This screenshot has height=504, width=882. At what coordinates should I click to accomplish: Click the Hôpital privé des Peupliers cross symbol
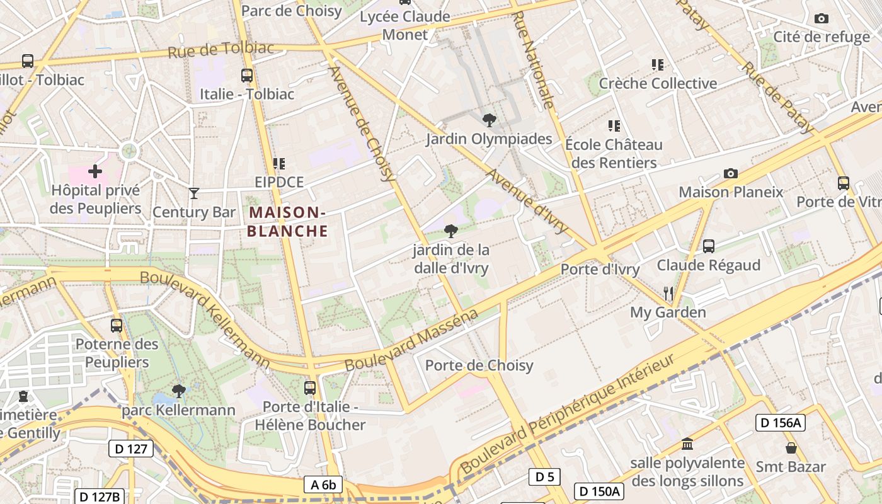(x=95, y=171)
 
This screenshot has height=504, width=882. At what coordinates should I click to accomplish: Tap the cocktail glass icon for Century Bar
(x=194, y=193)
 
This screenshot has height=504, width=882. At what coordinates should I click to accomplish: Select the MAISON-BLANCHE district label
(x=287, y=222)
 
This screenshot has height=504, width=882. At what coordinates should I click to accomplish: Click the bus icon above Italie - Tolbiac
(x=247, y=76)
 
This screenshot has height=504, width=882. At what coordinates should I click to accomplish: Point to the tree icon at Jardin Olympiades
(x=488, y=120)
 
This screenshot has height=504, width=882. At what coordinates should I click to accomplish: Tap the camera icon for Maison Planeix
(x=730, y=173)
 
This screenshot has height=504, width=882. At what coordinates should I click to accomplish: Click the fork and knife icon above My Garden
(x=668, y=293)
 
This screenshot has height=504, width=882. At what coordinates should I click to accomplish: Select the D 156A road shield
(x=781, y=423)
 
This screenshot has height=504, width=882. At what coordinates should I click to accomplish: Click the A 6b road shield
(x=323, y=484)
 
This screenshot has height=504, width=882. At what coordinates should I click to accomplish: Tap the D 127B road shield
(x=100, y=496)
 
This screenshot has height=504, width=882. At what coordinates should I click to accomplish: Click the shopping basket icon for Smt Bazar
(x=791, y=448)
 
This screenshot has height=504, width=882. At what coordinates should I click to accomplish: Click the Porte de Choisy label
(x=479, y=365)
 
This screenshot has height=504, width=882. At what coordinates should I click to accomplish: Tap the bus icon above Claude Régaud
(x=709, y=246)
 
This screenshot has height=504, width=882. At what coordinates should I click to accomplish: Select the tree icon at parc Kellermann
(x=179, y=391)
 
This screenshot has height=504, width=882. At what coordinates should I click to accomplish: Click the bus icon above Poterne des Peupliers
(x=117, y=326)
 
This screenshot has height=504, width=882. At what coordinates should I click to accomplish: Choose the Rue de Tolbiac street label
(x=220, y=49)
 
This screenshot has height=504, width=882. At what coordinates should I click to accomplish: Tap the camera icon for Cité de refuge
(x=821, y=19)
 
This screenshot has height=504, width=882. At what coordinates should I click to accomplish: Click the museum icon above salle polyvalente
(x=687, y=444)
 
